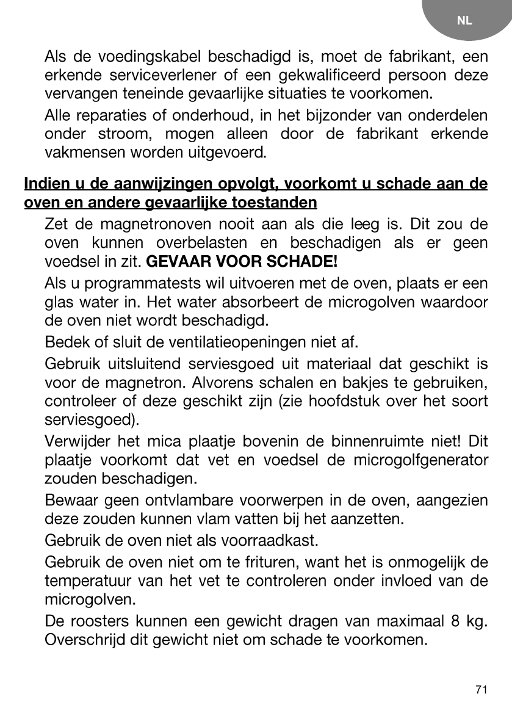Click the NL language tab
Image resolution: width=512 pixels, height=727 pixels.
[x=464, y=21]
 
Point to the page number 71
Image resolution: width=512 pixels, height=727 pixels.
[x=481, y=690]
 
